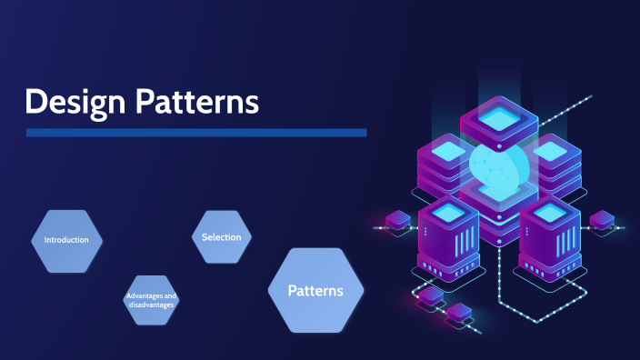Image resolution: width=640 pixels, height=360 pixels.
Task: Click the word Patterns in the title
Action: coord(197,102)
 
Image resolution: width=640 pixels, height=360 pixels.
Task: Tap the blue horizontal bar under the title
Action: coord(195,133)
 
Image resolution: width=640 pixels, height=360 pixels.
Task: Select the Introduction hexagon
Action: coord(66,241)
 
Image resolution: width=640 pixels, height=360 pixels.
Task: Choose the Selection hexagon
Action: coord(222,237)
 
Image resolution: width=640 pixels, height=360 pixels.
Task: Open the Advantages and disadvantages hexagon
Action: coord(151,300)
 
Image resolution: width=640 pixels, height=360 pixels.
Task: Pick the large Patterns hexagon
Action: coord(315,291)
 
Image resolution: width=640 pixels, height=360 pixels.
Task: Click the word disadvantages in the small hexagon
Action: coord(151,305)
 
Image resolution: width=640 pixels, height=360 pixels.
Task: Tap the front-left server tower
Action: coord(448,238)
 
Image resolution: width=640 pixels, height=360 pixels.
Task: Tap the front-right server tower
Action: coord(550,238)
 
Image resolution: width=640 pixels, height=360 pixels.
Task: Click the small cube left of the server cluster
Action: coord(398,220)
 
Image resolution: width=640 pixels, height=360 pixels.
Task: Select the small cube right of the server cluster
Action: coord(602,220)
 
